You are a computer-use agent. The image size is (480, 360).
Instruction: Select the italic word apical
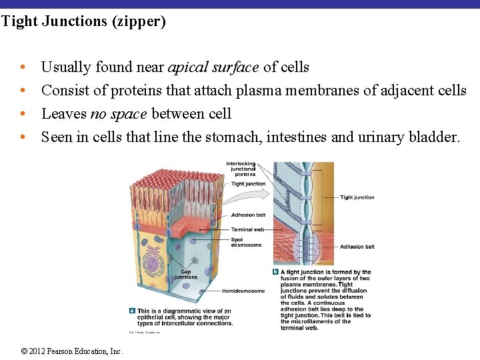pos(189,67)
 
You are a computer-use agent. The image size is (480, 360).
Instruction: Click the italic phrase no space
pos(119,114)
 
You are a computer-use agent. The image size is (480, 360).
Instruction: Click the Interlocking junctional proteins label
pos(241,169)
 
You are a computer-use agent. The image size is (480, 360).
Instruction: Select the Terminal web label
pos(247,229)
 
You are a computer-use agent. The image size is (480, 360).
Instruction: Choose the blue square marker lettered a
pos(132,311)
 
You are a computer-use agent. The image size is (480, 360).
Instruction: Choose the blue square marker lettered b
pos(276,272)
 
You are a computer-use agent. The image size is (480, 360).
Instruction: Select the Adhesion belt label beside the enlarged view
pos(357,247)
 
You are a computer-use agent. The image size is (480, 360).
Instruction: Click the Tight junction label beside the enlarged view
pos(357,197)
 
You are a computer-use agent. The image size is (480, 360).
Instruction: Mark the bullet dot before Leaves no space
pos(23,114)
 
